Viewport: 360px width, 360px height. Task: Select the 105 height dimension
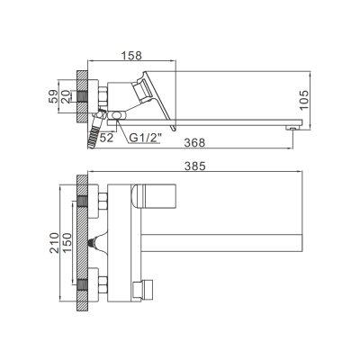[x=306, y=96]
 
